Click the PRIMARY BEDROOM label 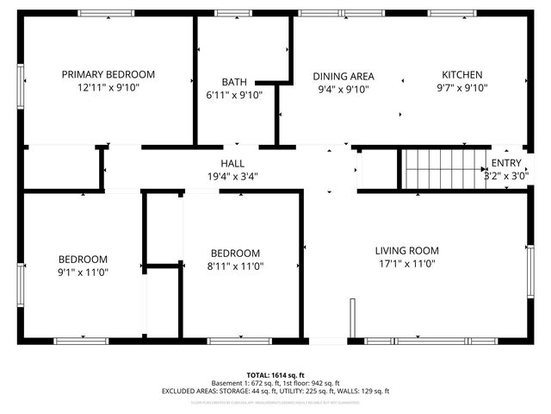point(108,74)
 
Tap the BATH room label point(233,81)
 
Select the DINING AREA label point(343,75)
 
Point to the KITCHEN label point(462,74)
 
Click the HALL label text point(232,163)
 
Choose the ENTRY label point(505,163)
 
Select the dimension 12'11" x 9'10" point(108,88)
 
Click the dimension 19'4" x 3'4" point(232,176)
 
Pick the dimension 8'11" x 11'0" point(235,267)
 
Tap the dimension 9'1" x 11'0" point(83,273)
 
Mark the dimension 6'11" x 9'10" point(234,95)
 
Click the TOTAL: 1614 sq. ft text point(275,374)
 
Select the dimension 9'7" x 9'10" point(462,88)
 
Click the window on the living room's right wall point(530,269)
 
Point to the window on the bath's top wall point(227,13)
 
